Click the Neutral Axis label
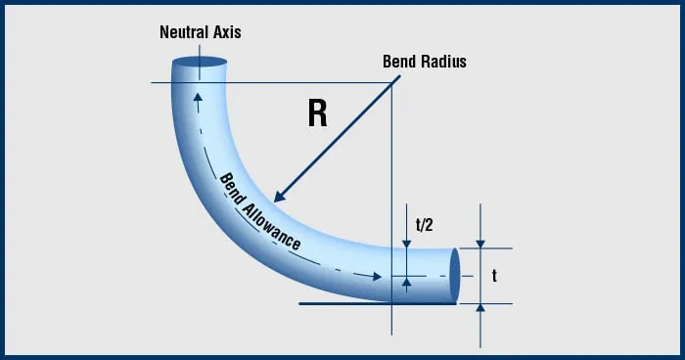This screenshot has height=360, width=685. pyautogui.click(x=200, y=32)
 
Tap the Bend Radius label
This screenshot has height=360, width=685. pyautogui.click(x=425, y=62)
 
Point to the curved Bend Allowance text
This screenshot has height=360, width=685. pyautogui.click(x=259, y=211)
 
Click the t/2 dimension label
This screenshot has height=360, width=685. pyautogui.click(x=424, y=224)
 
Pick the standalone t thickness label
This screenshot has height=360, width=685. pyautogui.click(x=495, y=277)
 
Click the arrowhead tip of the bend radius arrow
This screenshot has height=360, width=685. pyautogui.click(x=277, y=200)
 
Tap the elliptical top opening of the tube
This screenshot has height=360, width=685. pyautogui.click(x=200, y=69)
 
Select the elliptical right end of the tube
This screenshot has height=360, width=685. pyautogui.click(x=454, y=275)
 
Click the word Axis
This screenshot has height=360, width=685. pyautogui.click(x=227, y=32)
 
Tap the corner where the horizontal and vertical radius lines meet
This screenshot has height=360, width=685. pyautogui.click(x=391, y=83)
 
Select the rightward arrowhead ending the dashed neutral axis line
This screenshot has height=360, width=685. pyautogui.click(x=378, y=277)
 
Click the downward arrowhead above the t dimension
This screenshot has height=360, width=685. pyautogui.click(x=480, y=244)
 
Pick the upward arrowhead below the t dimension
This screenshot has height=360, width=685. pyautogui.click(x=480, y=307)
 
